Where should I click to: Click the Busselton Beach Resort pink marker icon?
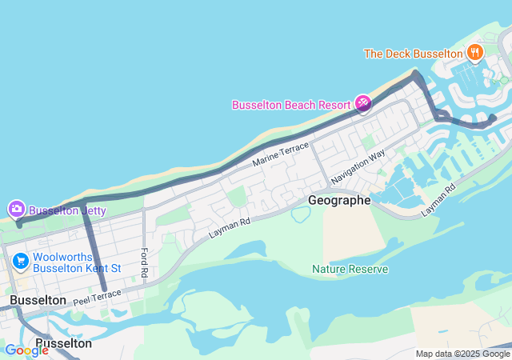coord(362,104)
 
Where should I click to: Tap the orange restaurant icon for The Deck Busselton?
coord(476,53)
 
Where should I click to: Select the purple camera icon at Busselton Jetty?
coord(16,210)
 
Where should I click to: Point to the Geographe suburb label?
coord(340,200)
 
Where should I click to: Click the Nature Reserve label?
coord(350,269)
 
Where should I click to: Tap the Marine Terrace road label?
coord(280,154)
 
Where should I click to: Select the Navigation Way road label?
coord(358,166)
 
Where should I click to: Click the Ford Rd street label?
coord(145,262)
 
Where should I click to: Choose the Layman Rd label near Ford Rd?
coord(230,226)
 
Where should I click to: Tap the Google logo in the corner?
coord(26,350)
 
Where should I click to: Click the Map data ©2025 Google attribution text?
coord(462,354)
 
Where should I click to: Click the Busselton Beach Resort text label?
coord(291,105)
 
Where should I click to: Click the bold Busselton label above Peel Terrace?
coord(38,299)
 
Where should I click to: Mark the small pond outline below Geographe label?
coord(301,214)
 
